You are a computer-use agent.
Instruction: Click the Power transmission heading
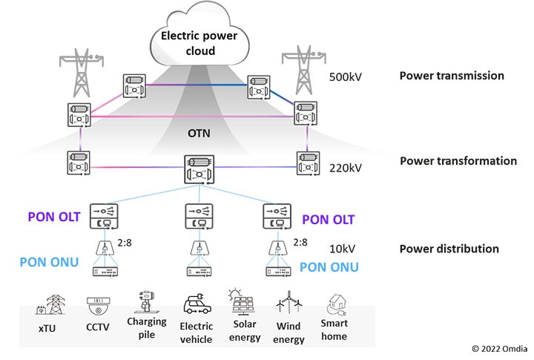tap(452, 76)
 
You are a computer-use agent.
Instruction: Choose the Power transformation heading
tap(458, 161)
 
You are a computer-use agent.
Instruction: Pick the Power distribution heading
tap(449, 249)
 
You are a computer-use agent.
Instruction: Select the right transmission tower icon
tap(301, 63)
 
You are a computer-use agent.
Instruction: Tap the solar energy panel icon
tap(245, 304)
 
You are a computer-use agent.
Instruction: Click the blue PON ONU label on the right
tap(329, 267)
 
